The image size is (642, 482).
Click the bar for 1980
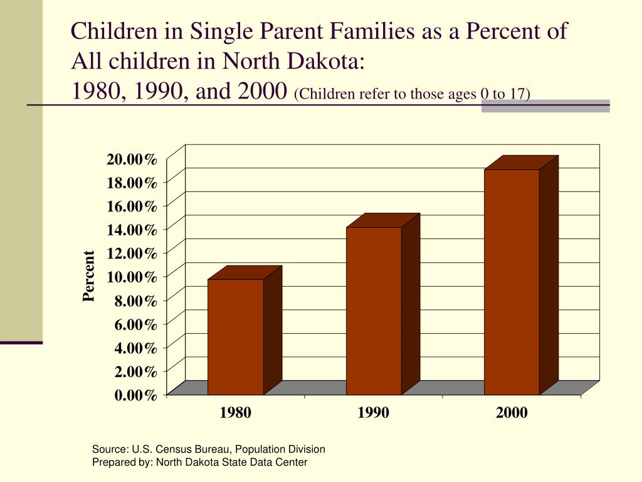tap(236, 336)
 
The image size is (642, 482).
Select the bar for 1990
tap(374, 311)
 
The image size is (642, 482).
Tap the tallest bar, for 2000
tap(512, 282)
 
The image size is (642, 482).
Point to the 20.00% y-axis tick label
tap(132, 159)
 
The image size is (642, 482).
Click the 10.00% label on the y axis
tap(132, 277)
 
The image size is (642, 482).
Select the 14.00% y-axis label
tap(132, 230)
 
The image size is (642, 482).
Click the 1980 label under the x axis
tap(236, 413)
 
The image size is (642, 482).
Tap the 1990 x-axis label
tap(374, 413)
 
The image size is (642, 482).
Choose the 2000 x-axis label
tap(512, 413)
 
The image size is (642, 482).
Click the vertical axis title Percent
tap(89, 276)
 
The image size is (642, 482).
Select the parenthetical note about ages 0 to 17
tap(412, 94)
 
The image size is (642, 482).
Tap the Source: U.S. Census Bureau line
tap(208, 449)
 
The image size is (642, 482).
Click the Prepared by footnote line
tap(199, 463)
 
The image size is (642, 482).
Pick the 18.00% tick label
tap(132, 183)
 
